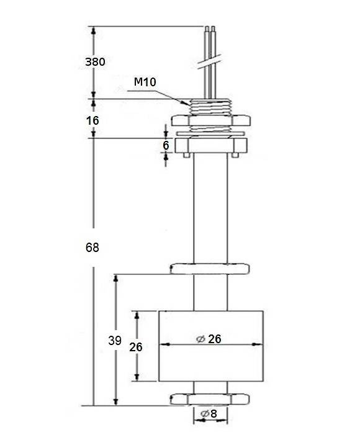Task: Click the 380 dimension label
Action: (95, 61)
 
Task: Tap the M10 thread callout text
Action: (145, 82)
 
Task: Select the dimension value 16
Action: (92, 120)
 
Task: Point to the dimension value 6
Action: (166, 145)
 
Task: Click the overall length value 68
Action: (92, 248)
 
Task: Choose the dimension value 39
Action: (115, 341)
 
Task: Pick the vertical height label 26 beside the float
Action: (136, 347)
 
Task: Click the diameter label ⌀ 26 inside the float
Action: (209, 339)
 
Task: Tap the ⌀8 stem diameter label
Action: (209, 413)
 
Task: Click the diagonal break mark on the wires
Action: (209, 61)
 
